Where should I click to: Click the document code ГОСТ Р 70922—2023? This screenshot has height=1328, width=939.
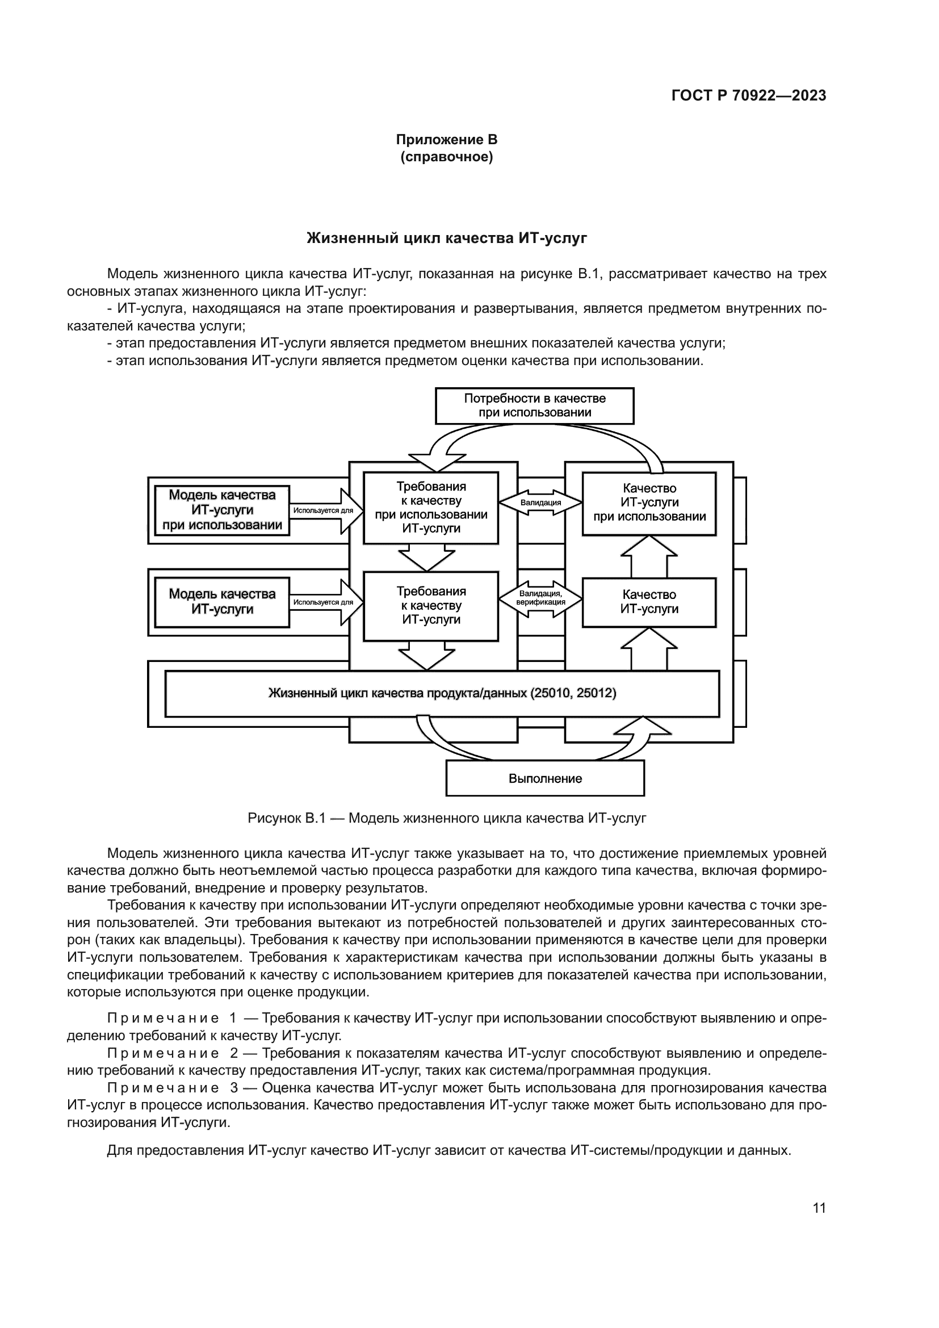[749, 96]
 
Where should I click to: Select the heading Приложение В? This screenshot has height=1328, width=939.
[446, 140]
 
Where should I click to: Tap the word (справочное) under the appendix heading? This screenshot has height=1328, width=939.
[446, 157]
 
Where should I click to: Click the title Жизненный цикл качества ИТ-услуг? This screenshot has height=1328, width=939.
[446, 238]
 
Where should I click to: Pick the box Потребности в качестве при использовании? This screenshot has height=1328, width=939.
[534, 405]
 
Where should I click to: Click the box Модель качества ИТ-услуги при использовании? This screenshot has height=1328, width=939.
[222, 510]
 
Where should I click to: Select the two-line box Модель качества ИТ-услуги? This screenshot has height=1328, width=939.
[222, 601]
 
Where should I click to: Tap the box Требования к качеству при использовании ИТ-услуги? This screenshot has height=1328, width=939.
[431, 508]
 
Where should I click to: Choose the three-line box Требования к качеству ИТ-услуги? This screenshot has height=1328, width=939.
[431, 606]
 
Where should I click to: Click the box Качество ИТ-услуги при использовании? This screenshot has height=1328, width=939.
[649, 502]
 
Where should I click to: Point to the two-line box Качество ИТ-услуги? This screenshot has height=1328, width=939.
[649, 601]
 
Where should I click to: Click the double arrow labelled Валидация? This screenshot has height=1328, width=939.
[540, 502]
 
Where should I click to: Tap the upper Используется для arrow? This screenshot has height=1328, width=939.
[325, 511]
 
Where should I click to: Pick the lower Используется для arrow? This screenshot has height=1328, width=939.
[325, 602]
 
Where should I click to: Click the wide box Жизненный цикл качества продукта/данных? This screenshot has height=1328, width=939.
[442, 693]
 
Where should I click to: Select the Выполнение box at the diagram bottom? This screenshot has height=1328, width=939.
[544, 778]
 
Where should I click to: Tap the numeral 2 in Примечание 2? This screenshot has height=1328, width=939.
[234, 1053]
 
